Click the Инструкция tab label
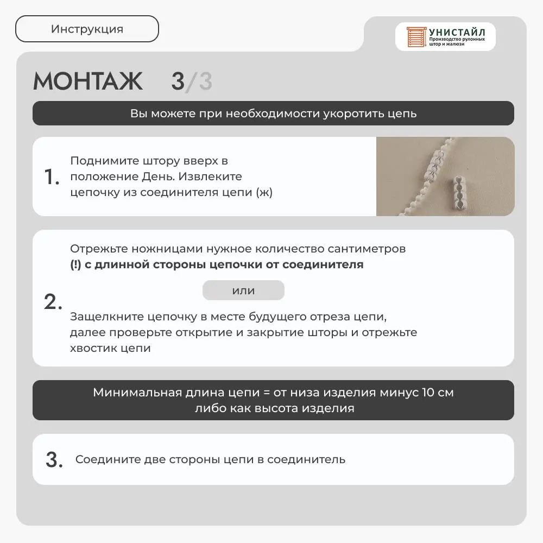87,29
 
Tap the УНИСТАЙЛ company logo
445,36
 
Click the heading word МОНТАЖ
88,81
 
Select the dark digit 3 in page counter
178,82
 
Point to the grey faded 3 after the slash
205,82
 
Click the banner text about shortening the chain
273,113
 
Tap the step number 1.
51,177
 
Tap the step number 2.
53,302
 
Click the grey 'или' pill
243,291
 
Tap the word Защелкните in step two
103,317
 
